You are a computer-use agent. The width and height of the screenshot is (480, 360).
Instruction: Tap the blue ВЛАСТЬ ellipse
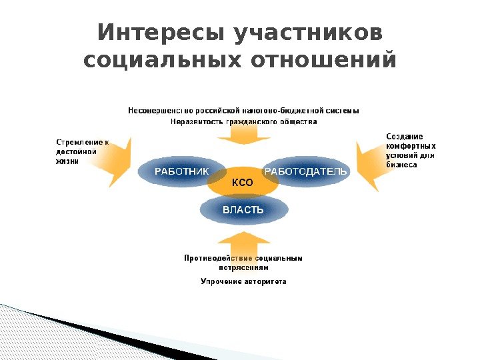(243, 211)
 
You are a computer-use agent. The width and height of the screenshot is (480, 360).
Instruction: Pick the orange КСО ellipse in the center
(243, 183)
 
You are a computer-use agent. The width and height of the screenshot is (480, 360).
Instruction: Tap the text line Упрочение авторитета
(243, 281)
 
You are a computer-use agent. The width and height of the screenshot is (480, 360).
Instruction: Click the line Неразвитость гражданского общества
(243, 122)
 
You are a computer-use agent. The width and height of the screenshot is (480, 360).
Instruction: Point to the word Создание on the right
(399, 136)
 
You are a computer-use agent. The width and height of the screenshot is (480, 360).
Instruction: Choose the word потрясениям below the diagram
(243, 267)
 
